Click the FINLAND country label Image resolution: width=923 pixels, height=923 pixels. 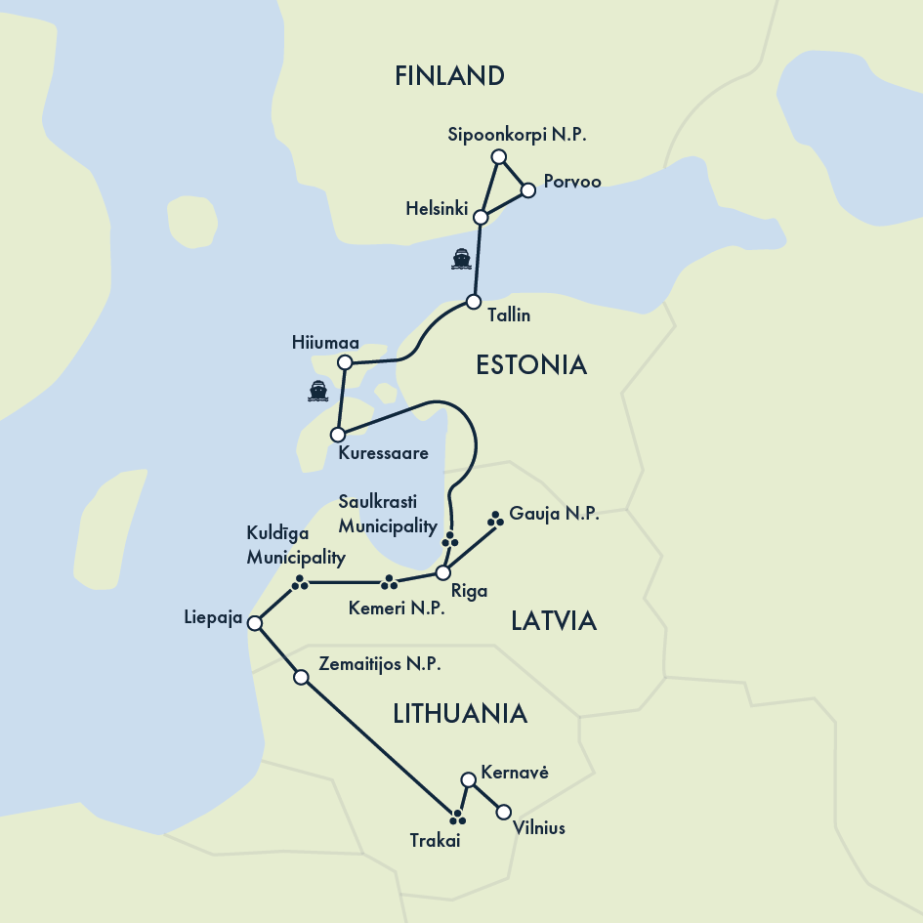coord(449,76)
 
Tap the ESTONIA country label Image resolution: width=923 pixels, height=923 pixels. coord(531,365)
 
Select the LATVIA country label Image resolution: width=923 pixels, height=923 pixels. coord(554,621)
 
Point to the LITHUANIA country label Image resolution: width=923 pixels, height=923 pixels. coord(460,714)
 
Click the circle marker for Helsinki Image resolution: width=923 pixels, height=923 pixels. coord(480,217)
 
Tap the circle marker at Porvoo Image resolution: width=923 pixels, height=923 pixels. coord(528,190)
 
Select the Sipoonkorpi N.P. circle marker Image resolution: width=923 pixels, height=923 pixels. coord(499,157)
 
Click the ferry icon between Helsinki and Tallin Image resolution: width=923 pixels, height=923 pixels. coord(461,259)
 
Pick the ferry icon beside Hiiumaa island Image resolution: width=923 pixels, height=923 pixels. coord(317,391)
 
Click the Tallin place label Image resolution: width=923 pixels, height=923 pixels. coord(508,316)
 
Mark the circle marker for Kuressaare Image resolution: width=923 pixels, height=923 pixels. coord(338,434)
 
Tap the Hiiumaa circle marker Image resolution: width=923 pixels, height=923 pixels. coord(344,363)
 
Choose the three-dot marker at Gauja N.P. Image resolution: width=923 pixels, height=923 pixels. coord(495,519)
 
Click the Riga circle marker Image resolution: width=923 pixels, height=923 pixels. coord(442,572)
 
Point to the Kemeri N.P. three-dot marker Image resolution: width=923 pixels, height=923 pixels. coord(390,583)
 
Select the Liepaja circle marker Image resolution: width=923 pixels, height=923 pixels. coord(255,623)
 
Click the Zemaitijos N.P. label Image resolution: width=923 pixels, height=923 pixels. coord(380,664)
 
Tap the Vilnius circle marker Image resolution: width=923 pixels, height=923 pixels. coord(504,812)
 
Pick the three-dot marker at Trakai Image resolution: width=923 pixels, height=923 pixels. coord(456,816)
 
